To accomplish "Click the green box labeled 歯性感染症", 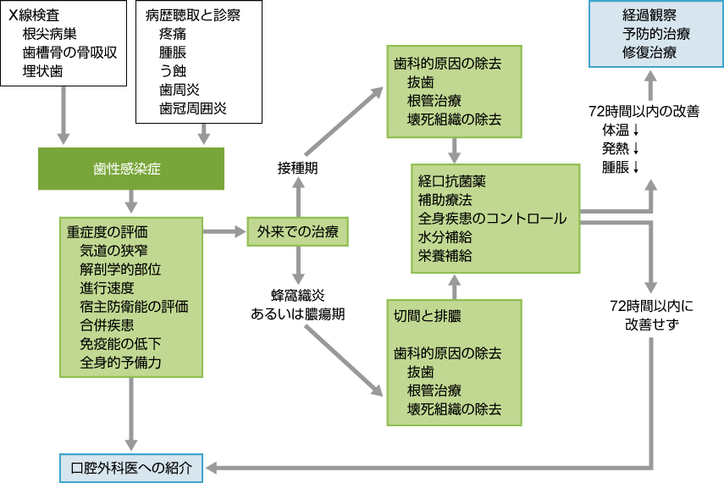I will click(130, 169).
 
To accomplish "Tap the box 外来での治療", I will click(297, 231).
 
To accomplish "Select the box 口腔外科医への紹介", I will click(131, 467).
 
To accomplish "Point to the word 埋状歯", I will click(42, 71).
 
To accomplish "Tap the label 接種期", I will click(297, 168).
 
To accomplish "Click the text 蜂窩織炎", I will click(297, 295).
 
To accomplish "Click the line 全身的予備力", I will click(120, 362).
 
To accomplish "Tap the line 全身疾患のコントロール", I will click(492, 219).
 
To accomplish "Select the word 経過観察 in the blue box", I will click(649, 15).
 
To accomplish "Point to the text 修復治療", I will click(649, 53).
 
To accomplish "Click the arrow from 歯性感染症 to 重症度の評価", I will click(130, 201).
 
